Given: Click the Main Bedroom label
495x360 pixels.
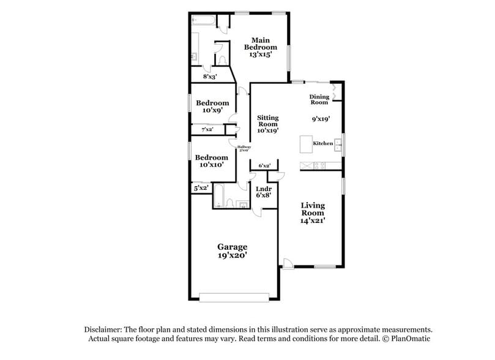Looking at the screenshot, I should [x=260, y=43].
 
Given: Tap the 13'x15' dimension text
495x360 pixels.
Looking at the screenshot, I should [x=260, y=54].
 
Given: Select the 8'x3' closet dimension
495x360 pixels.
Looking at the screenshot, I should [x=210, y=77].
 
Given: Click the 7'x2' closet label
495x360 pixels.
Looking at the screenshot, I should [x=207, y=130].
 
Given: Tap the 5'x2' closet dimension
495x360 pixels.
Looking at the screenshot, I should [x=201, y=189].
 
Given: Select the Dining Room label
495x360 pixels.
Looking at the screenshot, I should [x=319, y=99].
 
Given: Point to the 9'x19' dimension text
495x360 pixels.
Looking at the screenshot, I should [x=321, y=120].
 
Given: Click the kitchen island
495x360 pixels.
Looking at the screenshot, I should [x=305, y=144].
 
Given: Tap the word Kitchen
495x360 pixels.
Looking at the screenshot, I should [x=322, y=143].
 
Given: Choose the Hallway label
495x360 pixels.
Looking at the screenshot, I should [x=244, y=146].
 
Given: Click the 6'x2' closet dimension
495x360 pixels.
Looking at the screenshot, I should [x=264, y=165].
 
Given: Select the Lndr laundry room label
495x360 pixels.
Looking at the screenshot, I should [x=264, y=189].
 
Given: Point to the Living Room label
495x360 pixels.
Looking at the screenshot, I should [x=312, y=209].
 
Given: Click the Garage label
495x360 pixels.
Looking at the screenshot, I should [x=232, y=247].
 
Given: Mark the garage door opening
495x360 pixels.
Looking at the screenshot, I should [x=234, y=298].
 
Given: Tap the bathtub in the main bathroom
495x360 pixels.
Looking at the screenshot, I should [x=203, y=21].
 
